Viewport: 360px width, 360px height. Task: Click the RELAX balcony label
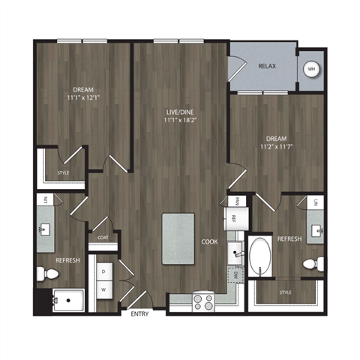click(267, 67)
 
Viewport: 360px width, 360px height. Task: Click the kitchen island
click(178, 238)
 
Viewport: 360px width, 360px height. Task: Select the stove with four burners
click(203, 301)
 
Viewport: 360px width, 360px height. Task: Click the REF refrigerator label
click(234, 219)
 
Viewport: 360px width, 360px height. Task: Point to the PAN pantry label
click(235, 201)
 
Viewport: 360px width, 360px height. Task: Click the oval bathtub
click(262, 256)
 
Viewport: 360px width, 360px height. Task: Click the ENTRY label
click(140, 313)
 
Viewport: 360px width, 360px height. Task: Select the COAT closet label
click(103, 238)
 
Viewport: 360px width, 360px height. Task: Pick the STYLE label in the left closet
click(63, 174)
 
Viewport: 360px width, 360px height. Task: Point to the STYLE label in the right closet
click(285, 292)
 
